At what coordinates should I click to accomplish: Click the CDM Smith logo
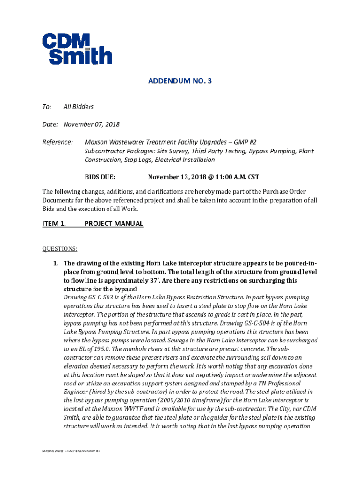[77, 48]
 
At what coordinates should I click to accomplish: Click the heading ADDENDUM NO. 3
[180, 81]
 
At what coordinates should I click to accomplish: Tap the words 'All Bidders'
[79, 107]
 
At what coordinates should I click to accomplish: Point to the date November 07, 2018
[92, 124]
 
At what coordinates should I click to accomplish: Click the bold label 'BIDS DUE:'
[100, 177]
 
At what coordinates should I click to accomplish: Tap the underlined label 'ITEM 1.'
[54, 224]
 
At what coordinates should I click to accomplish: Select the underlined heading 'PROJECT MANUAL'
[114, 224]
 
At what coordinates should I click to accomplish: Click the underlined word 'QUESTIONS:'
[60, 248]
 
